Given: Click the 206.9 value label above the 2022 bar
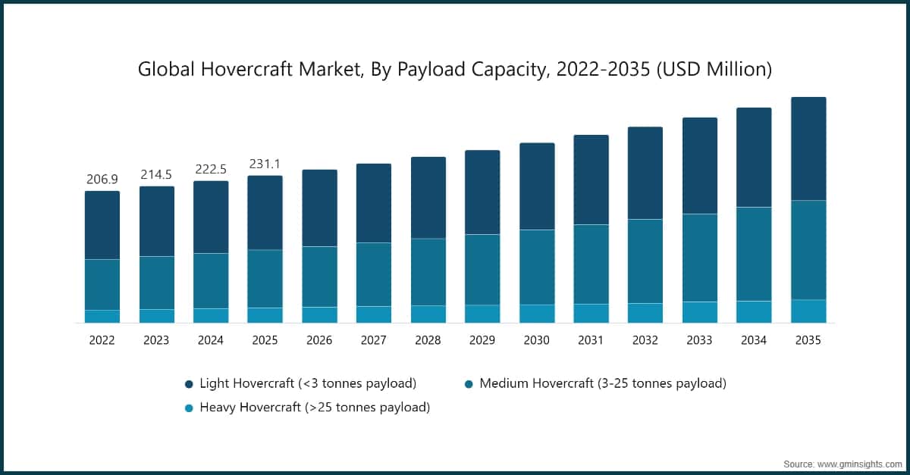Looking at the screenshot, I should point(102,180).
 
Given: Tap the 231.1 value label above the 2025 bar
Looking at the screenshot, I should point(265,164).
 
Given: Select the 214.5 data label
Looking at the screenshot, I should point(156,175).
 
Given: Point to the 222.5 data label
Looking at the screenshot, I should point(211,169).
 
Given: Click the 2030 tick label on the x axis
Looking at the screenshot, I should point(536,341).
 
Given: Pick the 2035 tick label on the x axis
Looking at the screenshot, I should point(808,341).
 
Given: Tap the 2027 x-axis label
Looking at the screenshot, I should point(374,341).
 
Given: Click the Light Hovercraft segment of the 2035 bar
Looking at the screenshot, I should point(808,148).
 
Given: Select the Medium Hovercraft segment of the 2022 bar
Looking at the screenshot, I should point(102,285).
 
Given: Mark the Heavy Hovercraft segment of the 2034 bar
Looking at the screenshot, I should point(754,312).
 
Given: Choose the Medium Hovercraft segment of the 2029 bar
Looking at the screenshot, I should point(482,270).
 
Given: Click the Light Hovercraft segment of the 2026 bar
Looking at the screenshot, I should point(319,208).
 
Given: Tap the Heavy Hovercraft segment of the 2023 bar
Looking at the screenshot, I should point(157,316).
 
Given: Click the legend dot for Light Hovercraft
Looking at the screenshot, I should point(188,384).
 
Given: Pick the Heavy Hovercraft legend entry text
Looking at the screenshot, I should point(315,408).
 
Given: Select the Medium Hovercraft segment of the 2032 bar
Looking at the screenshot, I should point(645,261).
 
